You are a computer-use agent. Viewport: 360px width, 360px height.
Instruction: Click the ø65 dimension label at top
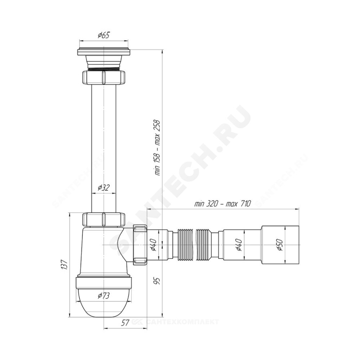coord(104,35)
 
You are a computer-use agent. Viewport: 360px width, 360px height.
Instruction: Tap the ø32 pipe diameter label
coord(104,188)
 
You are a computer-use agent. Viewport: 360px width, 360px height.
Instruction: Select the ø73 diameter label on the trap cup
coord(104,296)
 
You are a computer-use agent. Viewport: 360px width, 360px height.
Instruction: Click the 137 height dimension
coord(64,265)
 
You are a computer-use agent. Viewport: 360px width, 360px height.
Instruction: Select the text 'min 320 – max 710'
coord(222,203)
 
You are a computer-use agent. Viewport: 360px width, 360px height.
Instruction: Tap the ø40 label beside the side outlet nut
coord(153,245)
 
